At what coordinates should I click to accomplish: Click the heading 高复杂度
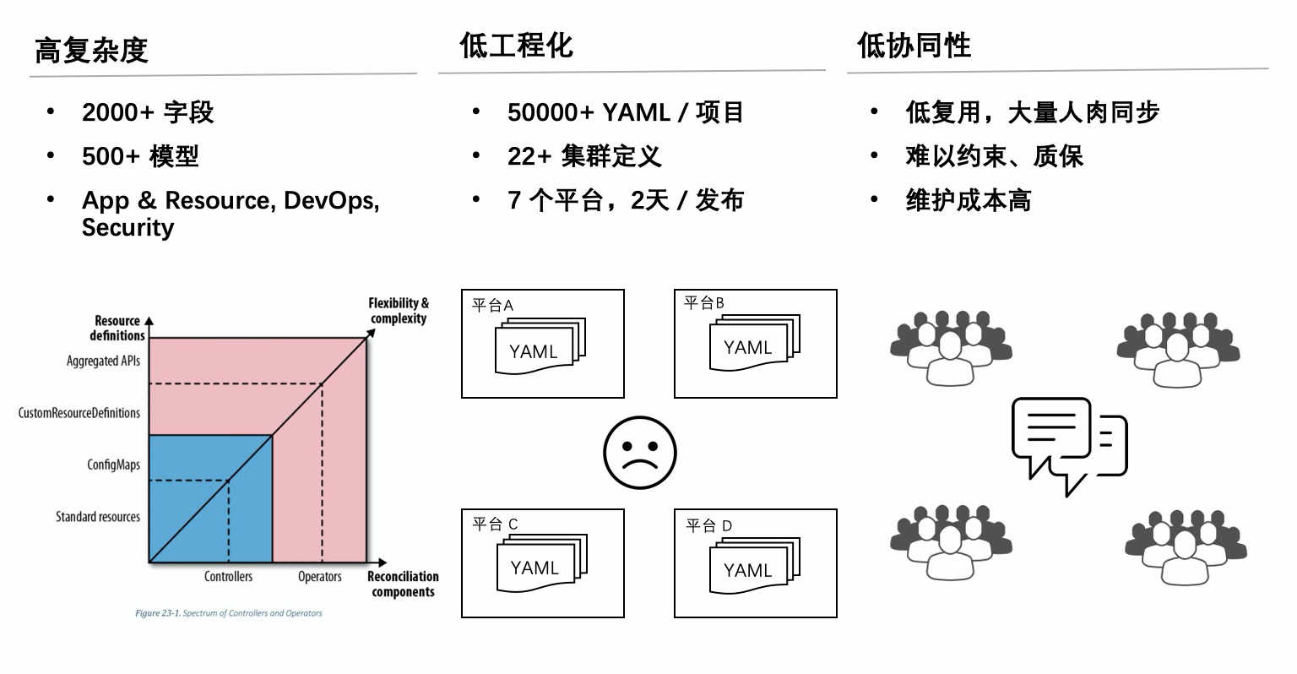(x=91, y=51)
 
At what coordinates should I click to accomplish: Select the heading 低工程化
(x=516, y=46)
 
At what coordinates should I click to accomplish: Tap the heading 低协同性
(x=914, y=46)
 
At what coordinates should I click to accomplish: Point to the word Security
(x=128, y=227)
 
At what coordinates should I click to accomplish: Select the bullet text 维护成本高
(x=968, y=200)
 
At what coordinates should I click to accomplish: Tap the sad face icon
(x=639, y=453)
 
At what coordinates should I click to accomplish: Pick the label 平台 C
(x=495, y=524)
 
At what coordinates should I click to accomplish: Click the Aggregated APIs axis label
(x=103, y=361)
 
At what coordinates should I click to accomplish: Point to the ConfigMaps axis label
(x=113, y=465)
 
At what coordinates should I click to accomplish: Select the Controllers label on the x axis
(x=228, y=576)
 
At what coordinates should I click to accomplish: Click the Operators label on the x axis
(x=319, y=576)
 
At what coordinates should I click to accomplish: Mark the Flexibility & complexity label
(x=399, y=311)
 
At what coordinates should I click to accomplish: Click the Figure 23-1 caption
(x=228, y=613)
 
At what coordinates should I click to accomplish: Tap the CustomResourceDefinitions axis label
(x=79, y=413)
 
